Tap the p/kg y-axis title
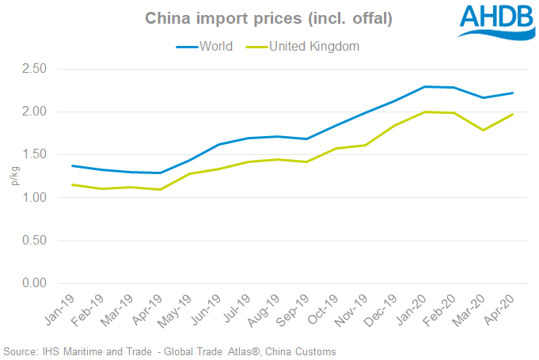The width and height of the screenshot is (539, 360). pos(13,176)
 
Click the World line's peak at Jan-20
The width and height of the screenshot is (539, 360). pos(426,86)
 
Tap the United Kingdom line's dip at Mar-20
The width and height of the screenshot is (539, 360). pos(482,130)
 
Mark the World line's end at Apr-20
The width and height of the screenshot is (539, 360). pos(513,93)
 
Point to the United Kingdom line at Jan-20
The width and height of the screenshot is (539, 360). pos(426,112)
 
